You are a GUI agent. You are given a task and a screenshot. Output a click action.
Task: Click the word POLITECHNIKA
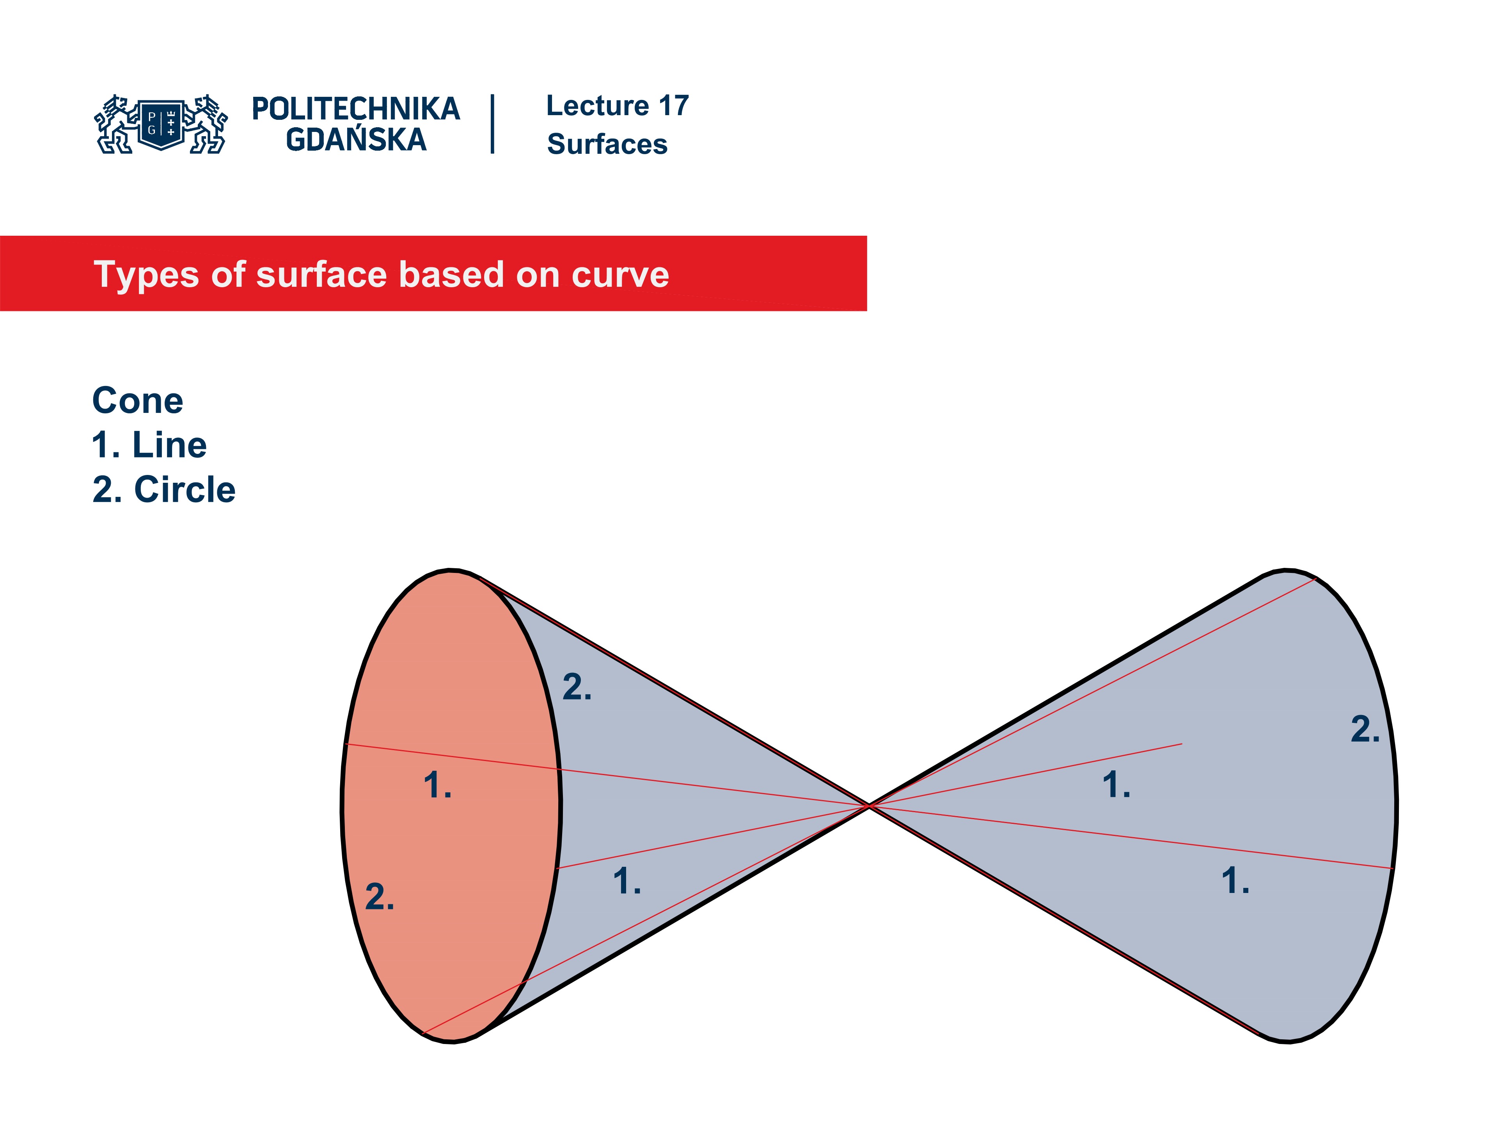coord(355,109)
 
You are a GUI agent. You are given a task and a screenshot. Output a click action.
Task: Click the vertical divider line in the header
coord(492,124)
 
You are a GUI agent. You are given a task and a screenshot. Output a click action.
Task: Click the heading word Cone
coord(137,400)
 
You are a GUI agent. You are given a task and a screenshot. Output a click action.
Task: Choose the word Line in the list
coord(169,445)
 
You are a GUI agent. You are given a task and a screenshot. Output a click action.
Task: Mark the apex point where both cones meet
coord(868,806)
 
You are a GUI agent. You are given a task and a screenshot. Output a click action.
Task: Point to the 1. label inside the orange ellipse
coord(437,786)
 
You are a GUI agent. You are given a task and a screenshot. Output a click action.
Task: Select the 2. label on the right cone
coord(1365,730)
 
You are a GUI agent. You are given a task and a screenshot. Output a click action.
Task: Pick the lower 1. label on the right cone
coord(1235,882)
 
